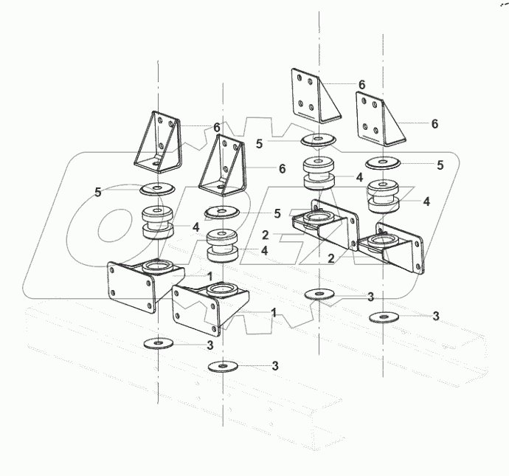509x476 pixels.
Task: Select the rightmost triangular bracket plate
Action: coord(378,118)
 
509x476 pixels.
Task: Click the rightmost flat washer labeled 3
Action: coord(381,317)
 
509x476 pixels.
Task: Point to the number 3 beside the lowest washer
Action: coord(275,365)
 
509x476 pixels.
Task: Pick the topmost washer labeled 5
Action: coord(317,139)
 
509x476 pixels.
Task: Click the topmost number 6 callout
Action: coord(361,85)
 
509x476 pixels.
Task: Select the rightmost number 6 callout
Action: coord(434,124)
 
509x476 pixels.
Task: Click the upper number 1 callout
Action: coord(210,275)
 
